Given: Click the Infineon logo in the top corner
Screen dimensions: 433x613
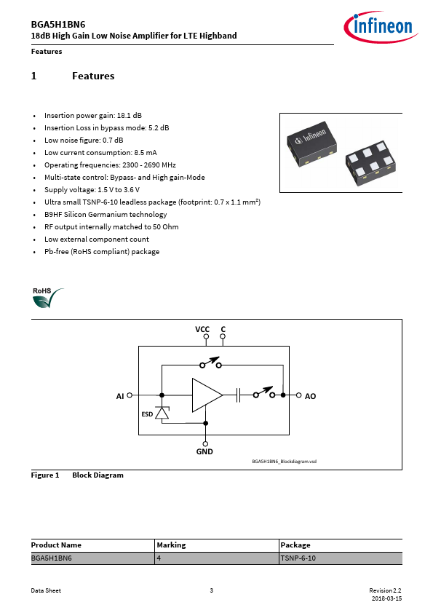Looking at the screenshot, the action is click(381, 27).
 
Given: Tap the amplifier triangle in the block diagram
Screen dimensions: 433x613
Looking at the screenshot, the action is click(207, 395).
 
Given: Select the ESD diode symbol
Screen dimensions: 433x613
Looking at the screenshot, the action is click(162, 413).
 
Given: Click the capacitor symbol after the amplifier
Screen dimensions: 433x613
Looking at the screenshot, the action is click(239, 395).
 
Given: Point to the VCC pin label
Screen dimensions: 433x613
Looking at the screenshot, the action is click(202, 329).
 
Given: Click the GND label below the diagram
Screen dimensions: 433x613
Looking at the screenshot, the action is click(204, 451).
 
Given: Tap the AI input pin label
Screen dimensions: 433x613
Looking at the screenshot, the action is click(120, 396).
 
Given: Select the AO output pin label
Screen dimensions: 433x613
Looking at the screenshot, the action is click(310, 396).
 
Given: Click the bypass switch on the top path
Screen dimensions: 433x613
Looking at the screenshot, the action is click(210, 363).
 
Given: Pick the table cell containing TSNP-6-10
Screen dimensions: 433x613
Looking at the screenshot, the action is click(341, 558).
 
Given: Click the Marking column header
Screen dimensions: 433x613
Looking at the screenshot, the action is click(171, 545).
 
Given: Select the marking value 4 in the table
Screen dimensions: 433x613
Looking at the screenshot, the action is click(159, 558).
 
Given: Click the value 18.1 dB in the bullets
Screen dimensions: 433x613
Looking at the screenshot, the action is click(130, 115).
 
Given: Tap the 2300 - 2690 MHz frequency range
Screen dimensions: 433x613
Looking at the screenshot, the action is click(149, 165).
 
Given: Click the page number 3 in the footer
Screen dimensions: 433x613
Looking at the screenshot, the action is click(212, 590).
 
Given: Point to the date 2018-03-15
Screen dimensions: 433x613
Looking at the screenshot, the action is click(386, 598).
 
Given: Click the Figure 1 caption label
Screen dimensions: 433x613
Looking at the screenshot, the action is click(45, 475).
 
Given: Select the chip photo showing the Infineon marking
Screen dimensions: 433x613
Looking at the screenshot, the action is click(312, 143).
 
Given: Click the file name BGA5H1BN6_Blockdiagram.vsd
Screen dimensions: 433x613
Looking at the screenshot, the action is click(284, 462).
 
